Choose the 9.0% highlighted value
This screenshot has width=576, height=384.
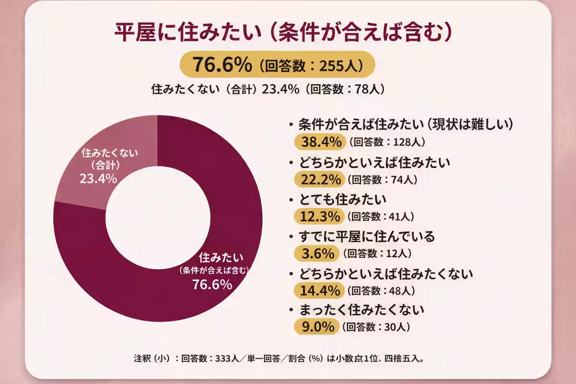click(317, 327)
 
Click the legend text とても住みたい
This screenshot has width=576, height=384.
click(342, 199)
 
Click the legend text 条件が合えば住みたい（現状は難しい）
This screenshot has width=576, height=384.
click(406, 124)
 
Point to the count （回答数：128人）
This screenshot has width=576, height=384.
click(386, 142)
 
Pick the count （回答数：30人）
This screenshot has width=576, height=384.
click(377, 327)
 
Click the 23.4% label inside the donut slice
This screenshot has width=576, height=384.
click(98, 179)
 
